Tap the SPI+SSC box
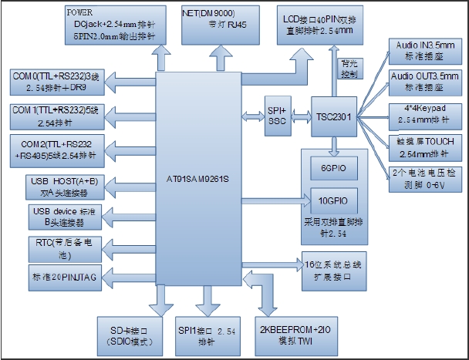(x=275, y=116)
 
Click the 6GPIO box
(x=332, y=169)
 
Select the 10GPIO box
(x=332, y=201)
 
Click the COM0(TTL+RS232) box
(x=55, y=82)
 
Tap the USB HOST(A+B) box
(x=55, y=186)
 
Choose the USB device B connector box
(x=55, y=217)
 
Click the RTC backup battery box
(x=55, y=248)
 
